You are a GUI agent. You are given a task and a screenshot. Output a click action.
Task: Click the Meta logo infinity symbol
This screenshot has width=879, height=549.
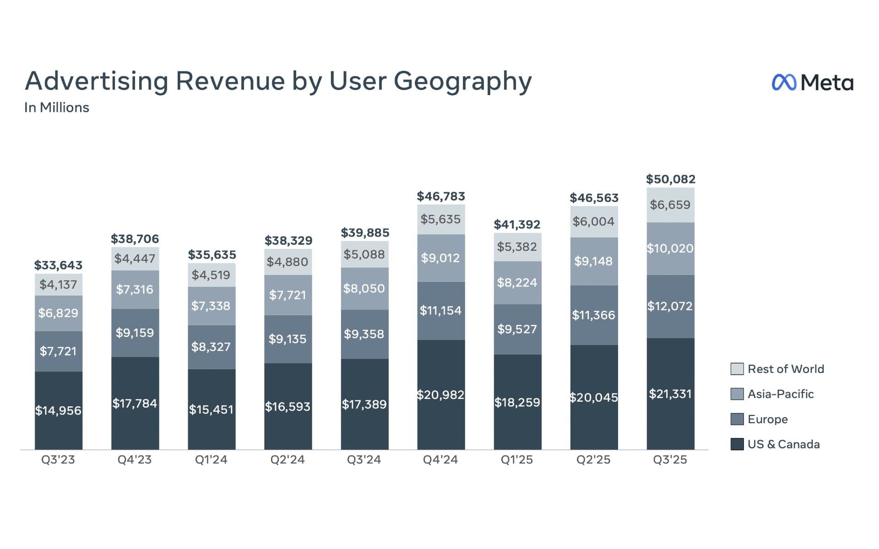point(784,82)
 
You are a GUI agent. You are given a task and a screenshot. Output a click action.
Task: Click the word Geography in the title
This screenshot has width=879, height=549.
point(462,81)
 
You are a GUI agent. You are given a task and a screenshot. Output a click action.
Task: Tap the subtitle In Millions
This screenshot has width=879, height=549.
point(57,108)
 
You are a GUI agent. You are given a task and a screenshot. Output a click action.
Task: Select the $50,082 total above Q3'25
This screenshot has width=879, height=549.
point(670,179)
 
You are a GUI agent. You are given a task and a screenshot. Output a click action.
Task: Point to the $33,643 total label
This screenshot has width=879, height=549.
point(58,265)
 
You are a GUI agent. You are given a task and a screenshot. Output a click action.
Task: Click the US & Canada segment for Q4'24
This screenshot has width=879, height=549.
point(440,394)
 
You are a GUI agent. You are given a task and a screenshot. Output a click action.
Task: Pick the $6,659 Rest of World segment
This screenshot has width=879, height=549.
point(670,205)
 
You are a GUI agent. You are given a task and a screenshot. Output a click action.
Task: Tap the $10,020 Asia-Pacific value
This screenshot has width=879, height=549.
point(670,248)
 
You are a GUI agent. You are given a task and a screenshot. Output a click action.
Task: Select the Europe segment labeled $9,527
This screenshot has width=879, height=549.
point(517,329)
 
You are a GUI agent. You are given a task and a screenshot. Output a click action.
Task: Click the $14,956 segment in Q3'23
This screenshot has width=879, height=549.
point(58,410)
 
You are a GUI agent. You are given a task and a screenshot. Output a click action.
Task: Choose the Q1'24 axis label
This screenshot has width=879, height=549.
point(211,459)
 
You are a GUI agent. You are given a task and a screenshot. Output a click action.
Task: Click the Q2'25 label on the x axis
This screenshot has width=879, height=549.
point(593,459)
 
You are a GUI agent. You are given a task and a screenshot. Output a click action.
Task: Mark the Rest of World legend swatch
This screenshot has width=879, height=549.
point(737,369)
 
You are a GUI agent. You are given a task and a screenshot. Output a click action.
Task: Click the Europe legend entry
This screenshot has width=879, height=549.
point(767,419)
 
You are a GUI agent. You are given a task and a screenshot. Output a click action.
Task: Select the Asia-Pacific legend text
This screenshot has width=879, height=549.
point(781,394)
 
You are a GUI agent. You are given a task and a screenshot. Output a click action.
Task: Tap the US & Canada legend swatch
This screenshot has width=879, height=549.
point(737,444)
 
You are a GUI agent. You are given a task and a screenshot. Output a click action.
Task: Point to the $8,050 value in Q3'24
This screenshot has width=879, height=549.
point(364,288)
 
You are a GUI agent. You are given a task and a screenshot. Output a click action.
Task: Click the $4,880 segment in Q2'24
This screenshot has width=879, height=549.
point(288,262)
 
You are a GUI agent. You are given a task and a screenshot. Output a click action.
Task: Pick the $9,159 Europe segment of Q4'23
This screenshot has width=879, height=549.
point(135,333)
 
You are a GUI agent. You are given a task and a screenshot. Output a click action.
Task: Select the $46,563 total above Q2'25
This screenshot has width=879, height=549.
point(594,198)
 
